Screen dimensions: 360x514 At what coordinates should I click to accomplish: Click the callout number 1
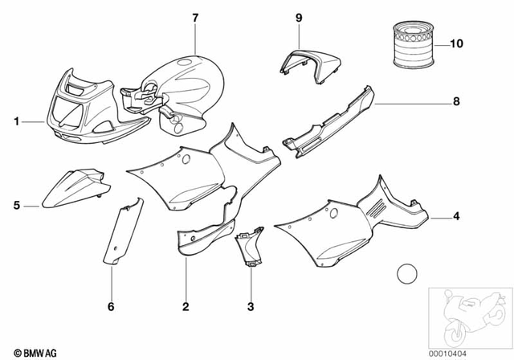pyautogui.click(x=16, y=122)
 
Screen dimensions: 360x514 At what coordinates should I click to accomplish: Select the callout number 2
pyautogui.click(x=186, y=306)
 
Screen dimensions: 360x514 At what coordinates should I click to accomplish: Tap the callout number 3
pyautogui.click(x=250, y=306)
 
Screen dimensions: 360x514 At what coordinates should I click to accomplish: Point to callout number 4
pyautogui.click(x=456, y=216)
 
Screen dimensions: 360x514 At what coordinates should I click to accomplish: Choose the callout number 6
pyautogui.click(x=111, y=306)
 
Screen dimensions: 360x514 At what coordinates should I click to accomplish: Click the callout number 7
pyautogui.click(x=194, y=17)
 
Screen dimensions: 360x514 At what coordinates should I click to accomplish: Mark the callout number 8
pyautogui.click(x=456, y=103)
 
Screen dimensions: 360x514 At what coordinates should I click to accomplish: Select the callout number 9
pyautogui.click(x=299, y=17)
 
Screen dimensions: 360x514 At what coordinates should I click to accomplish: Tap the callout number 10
pyautogui.click(x=457, y=43)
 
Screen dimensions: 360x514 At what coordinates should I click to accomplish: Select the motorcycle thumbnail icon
pyautogui.click(x=469, y=315)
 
